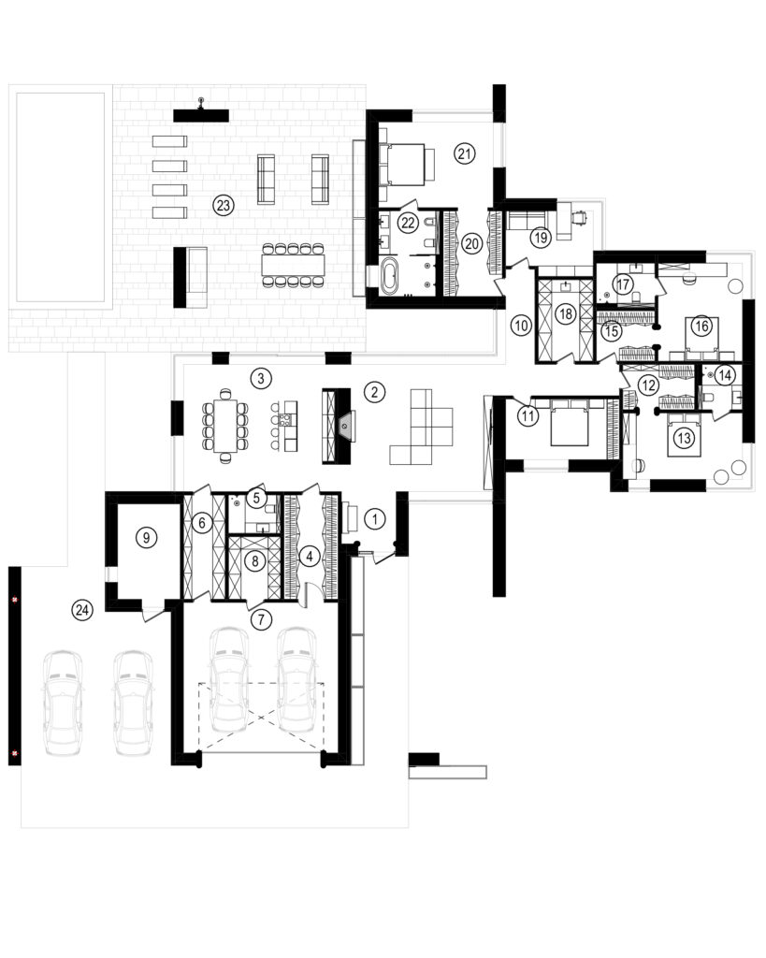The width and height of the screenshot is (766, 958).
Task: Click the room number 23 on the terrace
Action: coord(224,205)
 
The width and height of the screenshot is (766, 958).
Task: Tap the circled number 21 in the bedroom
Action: coord(465,153)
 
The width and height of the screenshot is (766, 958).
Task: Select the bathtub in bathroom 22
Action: coord(388,276)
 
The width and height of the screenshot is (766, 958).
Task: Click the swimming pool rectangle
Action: coord(60,196)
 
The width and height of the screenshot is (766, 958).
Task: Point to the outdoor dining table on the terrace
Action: coord(293,265)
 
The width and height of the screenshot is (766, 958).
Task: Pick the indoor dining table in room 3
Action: coord(224,426)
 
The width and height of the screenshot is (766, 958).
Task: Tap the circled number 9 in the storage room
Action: coord(146,538)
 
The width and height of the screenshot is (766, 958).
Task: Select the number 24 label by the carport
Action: coord(82,609)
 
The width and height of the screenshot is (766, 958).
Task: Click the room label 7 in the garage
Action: coord(262,619)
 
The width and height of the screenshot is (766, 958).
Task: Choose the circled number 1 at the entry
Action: coord(375,519)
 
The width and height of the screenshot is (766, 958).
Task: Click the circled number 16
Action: coord(701,326)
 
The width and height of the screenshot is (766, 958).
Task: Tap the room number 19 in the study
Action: coord(541,237)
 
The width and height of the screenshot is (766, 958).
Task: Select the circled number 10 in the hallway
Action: coord(521,325)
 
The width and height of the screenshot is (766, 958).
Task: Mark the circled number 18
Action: coord(566,314)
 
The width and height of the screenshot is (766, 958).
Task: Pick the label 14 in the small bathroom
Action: coord(725,374)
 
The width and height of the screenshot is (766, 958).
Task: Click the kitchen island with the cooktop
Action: coord(284,426)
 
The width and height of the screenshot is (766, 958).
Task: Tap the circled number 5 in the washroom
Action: coord(256,498)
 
